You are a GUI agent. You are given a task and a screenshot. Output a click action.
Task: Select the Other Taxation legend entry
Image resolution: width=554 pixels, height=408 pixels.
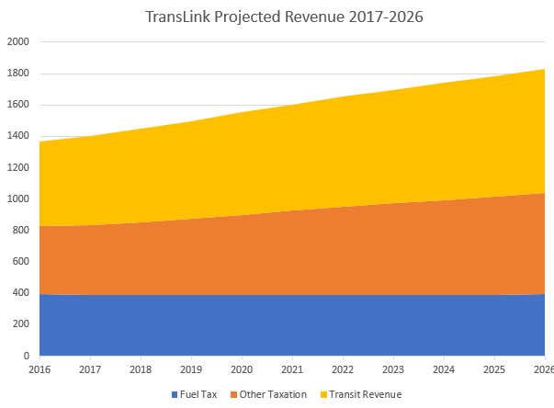(274, 394)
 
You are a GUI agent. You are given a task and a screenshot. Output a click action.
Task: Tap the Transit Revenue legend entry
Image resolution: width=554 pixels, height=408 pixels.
(365, 394)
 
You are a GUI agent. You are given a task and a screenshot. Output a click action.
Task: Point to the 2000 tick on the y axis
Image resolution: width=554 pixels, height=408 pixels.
(18, 42)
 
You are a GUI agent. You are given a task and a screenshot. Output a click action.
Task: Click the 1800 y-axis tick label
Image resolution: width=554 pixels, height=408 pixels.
(18, 74)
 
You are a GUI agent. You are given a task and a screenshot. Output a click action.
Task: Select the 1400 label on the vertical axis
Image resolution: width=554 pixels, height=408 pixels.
(18, 136)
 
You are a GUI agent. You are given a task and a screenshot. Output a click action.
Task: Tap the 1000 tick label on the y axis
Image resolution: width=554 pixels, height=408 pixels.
(18, 198)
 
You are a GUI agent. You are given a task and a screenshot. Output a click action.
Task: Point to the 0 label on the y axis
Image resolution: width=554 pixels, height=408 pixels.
(27, 356)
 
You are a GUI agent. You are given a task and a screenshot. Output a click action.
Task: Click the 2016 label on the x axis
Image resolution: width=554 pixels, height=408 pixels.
(40, 369)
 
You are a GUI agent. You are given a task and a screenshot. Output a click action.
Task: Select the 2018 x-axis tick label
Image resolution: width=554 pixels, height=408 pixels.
(141, 369)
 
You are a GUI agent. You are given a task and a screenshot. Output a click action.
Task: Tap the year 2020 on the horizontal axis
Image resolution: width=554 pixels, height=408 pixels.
(242, 369)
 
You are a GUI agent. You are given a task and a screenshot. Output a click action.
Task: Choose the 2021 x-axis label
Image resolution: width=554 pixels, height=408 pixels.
(292, 369)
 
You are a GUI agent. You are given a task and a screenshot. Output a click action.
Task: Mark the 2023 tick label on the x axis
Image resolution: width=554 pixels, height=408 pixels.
(393, 369)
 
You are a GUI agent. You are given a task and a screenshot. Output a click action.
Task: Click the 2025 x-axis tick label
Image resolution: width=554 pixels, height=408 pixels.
(494, 369)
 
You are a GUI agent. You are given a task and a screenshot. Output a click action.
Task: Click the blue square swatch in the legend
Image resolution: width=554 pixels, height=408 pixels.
(175, 395)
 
